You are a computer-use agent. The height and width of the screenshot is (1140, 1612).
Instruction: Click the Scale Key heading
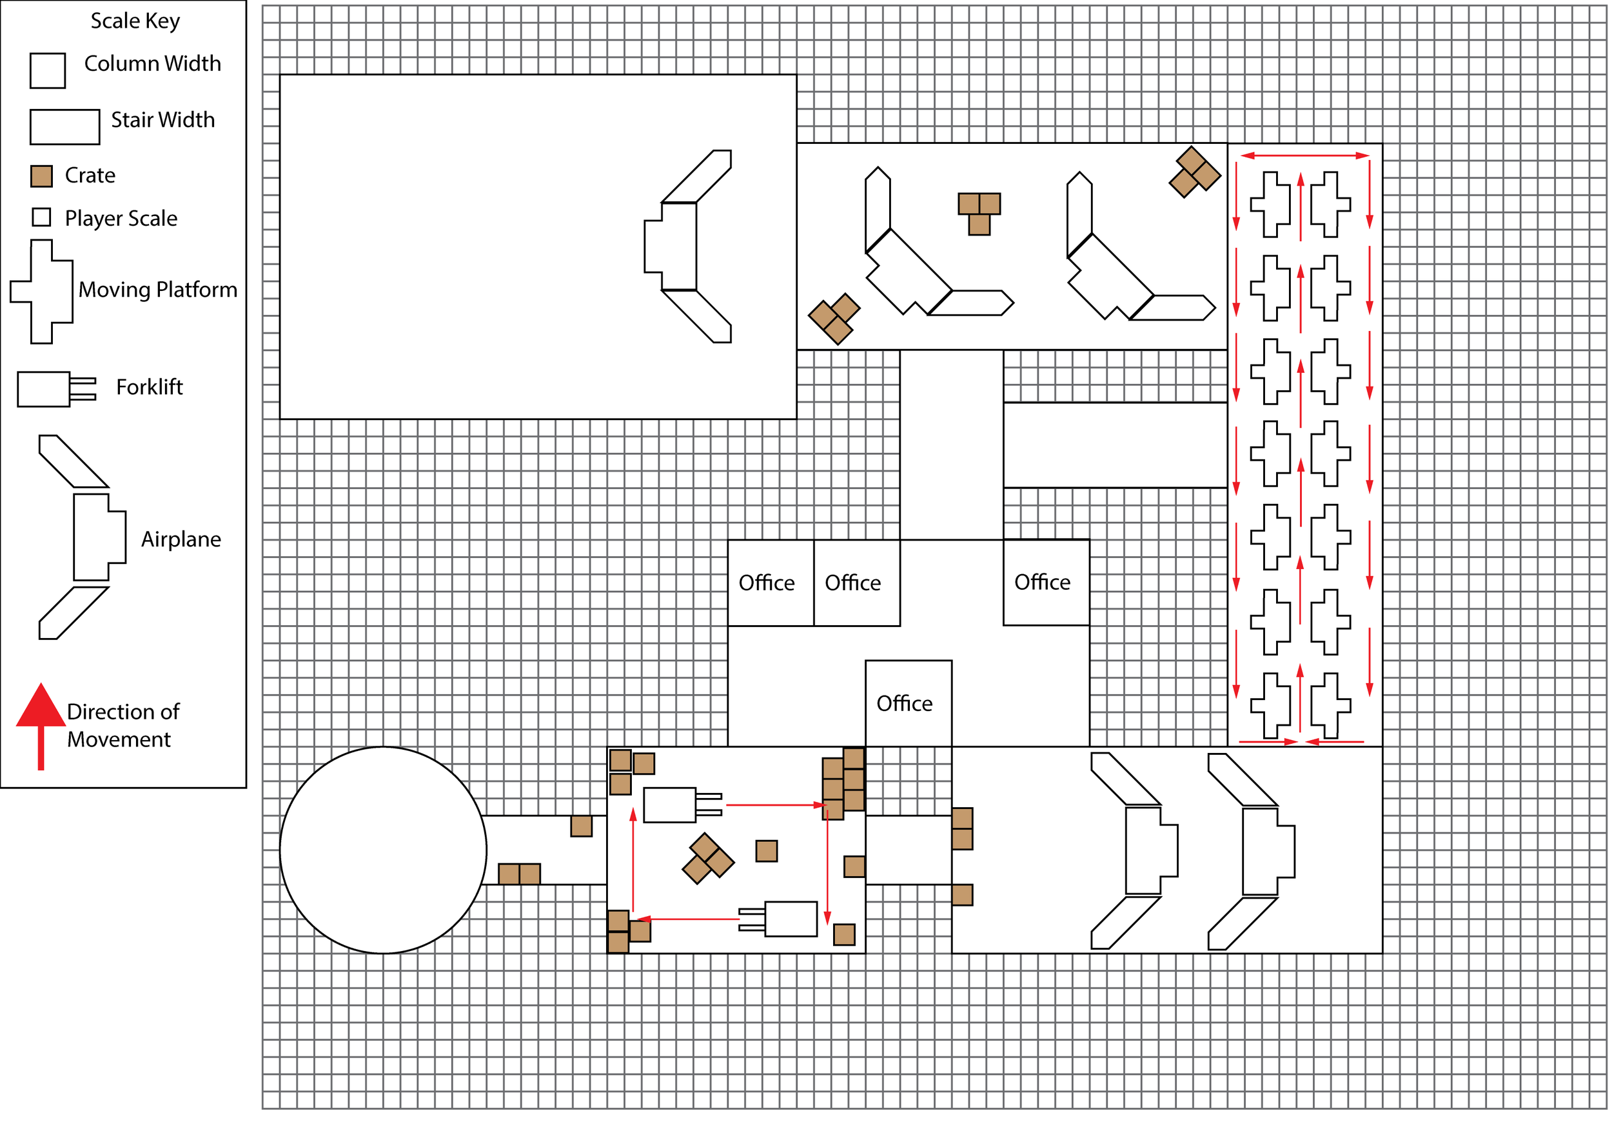135,21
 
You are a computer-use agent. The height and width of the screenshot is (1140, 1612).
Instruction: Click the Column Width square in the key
48,70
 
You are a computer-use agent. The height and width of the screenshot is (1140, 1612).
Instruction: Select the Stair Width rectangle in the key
64,126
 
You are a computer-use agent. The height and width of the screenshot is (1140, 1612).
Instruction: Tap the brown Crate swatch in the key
41,176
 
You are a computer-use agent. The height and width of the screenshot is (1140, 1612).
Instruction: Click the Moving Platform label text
157,290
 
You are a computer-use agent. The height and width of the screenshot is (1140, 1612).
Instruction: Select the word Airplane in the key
181,539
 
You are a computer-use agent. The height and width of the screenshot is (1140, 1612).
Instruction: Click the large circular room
384,850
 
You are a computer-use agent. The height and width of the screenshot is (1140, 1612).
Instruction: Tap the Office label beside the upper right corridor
1043,583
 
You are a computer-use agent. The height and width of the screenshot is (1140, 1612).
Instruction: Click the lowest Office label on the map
904,704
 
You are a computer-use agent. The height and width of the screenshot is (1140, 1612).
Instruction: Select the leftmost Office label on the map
766,583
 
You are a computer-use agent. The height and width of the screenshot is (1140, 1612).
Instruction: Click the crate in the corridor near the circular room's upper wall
582,826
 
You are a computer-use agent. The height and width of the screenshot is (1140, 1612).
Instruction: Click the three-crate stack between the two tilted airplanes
979,214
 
